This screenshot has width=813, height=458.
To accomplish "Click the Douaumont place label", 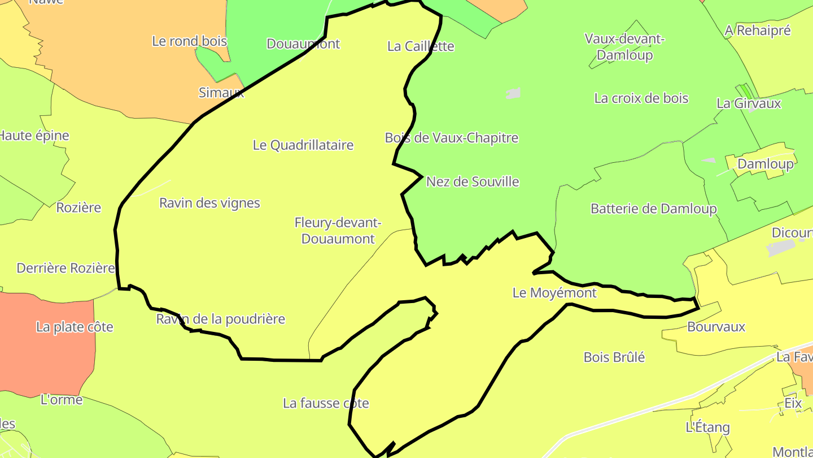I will [x=303, y=44].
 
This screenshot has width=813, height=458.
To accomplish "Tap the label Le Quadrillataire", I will [x=303, y=145].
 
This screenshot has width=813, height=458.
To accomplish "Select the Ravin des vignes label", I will [x=209, y=203].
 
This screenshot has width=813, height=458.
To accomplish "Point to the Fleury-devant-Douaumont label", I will [x=338, y=231].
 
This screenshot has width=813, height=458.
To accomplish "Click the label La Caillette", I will [x=421, y=46].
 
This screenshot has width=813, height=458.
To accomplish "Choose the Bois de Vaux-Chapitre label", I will [x=452, y=138].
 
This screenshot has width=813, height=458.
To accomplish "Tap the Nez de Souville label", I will [x=473, y=182].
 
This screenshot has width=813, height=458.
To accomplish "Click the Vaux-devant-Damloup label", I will [x=624, y=47].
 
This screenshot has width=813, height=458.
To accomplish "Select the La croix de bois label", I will [x=641, y=98].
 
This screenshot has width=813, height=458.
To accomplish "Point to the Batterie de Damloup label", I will [x=653, y=209].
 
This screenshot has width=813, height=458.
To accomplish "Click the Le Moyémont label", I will [x=554, y=293].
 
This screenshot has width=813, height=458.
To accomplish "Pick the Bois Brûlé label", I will [x=614, y=357].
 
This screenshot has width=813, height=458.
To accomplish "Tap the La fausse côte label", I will [x=326, y=404].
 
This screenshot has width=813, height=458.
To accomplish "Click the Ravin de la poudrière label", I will [x=221, y=319].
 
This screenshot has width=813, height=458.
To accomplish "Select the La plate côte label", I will [x=75, y=327].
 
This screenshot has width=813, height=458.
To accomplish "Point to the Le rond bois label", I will [x=190, y=41].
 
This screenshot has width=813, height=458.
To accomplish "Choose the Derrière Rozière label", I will [x=65, y=268].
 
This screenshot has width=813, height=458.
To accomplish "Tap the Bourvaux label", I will [x=716, y=327].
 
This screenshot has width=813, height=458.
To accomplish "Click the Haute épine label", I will [x=34, y=136].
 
